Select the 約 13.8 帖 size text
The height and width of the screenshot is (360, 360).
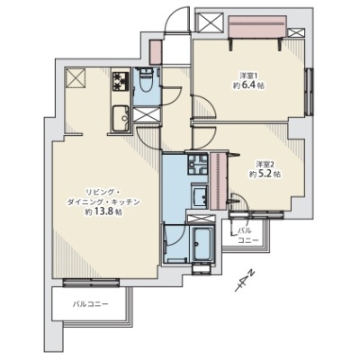103,211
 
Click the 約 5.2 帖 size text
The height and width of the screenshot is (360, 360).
265,175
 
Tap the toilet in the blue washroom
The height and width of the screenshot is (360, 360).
147,80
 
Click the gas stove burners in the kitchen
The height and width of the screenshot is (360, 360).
121,80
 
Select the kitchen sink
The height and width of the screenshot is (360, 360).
121,118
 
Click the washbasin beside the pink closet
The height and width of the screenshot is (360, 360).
199,196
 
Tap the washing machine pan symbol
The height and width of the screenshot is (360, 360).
197,164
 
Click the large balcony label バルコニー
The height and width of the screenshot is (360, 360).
90,304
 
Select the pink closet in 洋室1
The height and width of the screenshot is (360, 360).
257,27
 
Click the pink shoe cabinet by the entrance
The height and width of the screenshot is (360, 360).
156,52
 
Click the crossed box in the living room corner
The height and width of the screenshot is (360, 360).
76,78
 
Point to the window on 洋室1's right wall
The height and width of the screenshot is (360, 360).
309,92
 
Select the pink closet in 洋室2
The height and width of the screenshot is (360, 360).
220,181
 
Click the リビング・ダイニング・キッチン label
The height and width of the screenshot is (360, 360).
103,197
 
